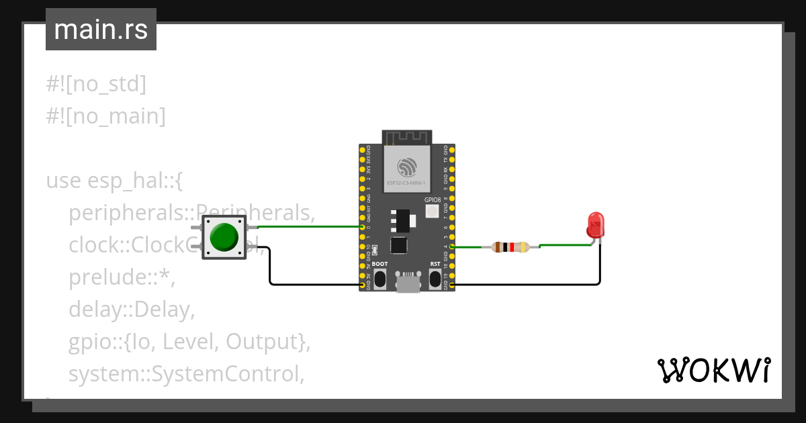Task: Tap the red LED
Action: pyautogui.click(x=595, y=225)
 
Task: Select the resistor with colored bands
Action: pyautogui.click(x=510, y=247)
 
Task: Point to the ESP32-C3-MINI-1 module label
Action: pyautogui.click(x=406, y=182)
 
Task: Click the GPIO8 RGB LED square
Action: pyautogui.click(x=432, y=211)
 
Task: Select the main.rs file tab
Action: pyautogui.click(x=101, y=30)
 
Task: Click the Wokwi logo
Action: pyautogui.click(x=713, y=370)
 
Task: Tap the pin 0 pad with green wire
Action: pyautogui.click(x=363, y=228)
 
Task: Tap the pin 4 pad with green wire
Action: pyautogui.click(x=451, y=247)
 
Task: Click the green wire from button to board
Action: pyautogui.click(x=309, y=227)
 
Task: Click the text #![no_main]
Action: pyautogui.click(x=105, y=116)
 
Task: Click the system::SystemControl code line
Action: pyautogui.click(x=186, y=374)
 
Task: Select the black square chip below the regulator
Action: pyautogui.click(x=399, y=245)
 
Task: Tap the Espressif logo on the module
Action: pyautogui.click(x=406, y=166)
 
